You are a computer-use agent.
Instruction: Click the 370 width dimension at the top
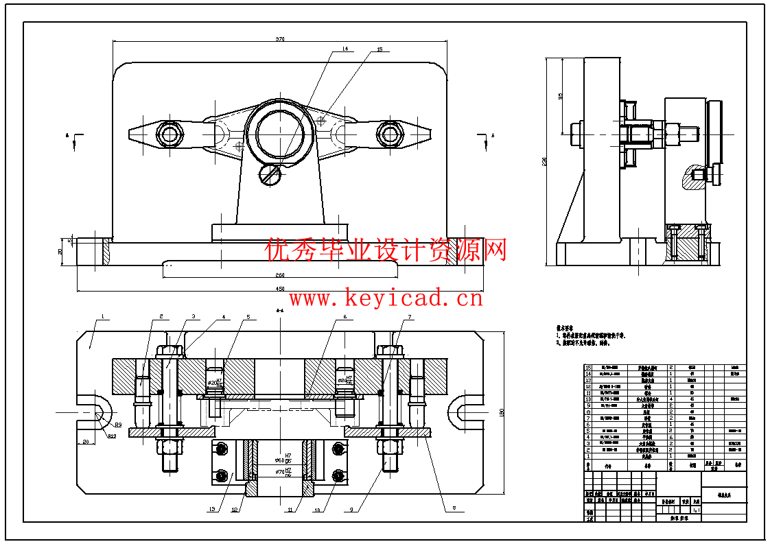[x=280, y=39]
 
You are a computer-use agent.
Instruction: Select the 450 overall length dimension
[x=280, y=289]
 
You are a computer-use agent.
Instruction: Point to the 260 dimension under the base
[x=280, y=275]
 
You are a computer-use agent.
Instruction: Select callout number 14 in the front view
[x=345, y=49]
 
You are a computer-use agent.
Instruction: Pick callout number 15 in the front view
[x=380, y=49]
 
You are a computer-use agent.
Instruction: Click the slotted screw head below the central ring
[x=270, y=175]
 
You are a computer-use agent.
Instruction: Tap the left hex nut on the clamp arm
[x=169, y=133]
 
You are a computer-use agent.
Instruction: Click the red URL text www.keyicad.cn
[x=386, y=298]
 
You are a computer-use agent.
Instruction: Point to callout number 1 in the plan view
[x=102, y=317]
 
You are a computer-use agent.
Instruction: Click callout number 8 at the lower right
[x=454, y=509]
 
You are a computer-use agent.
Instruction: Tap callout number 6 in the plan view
[x=345, y=317]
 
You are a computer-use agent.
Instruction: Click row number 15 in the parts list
[x=587, y=368]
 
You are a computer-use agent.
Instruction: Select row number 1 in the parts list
[x=587, y=456]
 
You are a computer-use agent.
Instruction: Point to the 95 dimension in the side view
[x=561, y=97]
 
